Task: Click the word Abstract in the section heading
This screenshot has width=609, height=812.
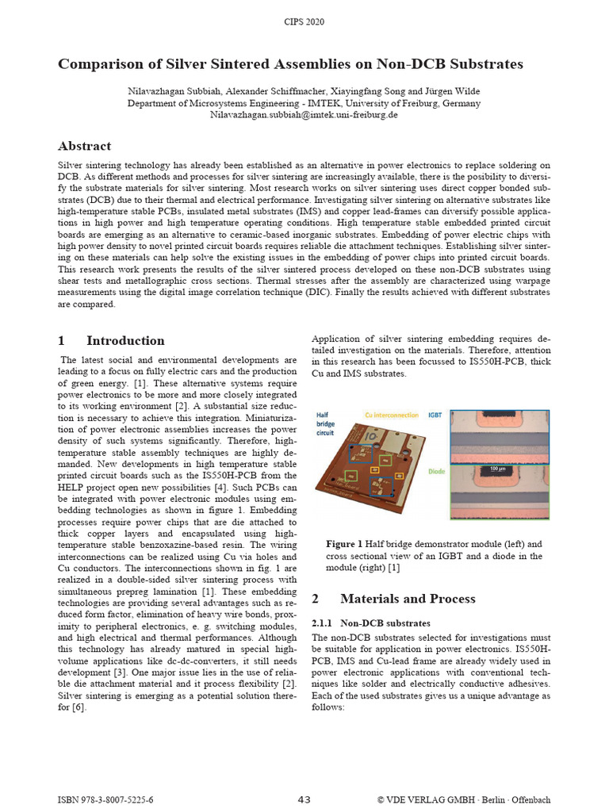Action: click(84, 146)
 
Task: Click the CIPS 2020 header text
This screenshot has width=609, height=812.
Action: click(304, 21)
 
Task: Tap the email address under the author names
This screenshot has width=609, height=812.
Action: click(304, 115)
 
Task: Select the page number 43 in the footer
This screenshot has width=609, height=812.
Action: click(304, 799)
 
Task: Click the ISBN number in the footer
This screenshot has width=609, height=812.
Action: click(106, 799)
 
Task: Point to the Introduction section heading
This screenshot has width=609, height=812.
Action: click(125, 341)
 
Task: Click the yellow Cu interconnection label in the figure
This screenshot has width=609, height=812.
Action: click(392, 415)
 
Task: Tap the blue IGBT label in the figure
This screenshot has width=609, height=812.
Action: click(436, 415)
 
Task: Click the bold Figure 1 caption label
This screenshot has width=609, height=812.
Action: click(344, 545)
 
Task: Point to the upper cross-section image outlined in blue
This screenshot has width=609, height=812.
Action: click(499, 435)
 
